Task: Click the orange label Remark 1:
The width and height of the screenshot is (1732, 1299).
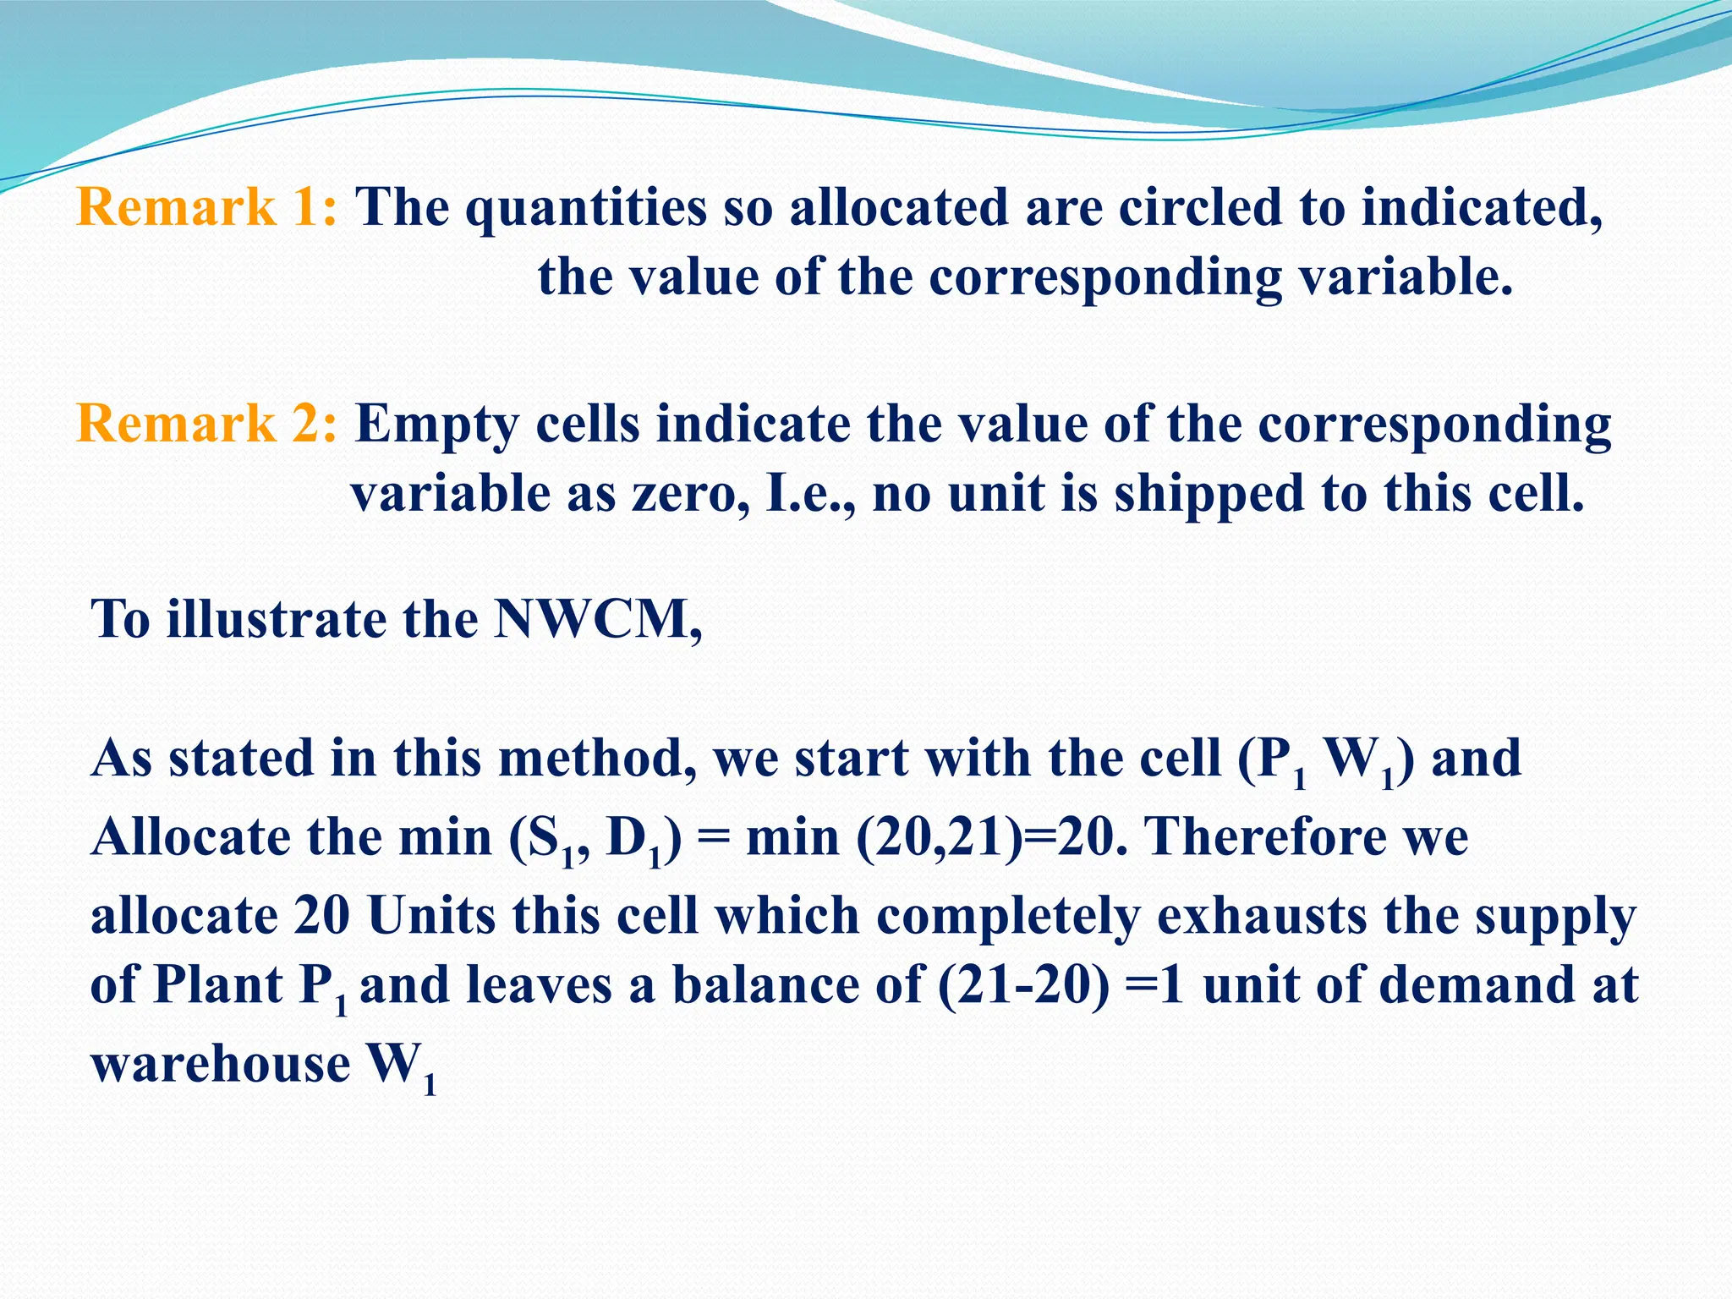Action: point(206,207)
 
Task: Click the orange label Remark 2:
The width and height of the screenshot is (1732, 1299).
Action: point(206,424)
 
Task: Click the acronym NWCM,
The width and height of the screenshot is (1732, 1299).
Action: point(598,620)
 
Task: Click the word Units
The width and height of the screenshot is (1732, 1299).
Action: point(431,916)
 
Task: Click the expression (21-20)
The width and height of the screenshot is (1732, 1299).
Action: point(1022,986)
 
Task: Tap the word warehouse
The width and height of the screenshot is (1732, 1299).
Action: point(220,1064)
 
